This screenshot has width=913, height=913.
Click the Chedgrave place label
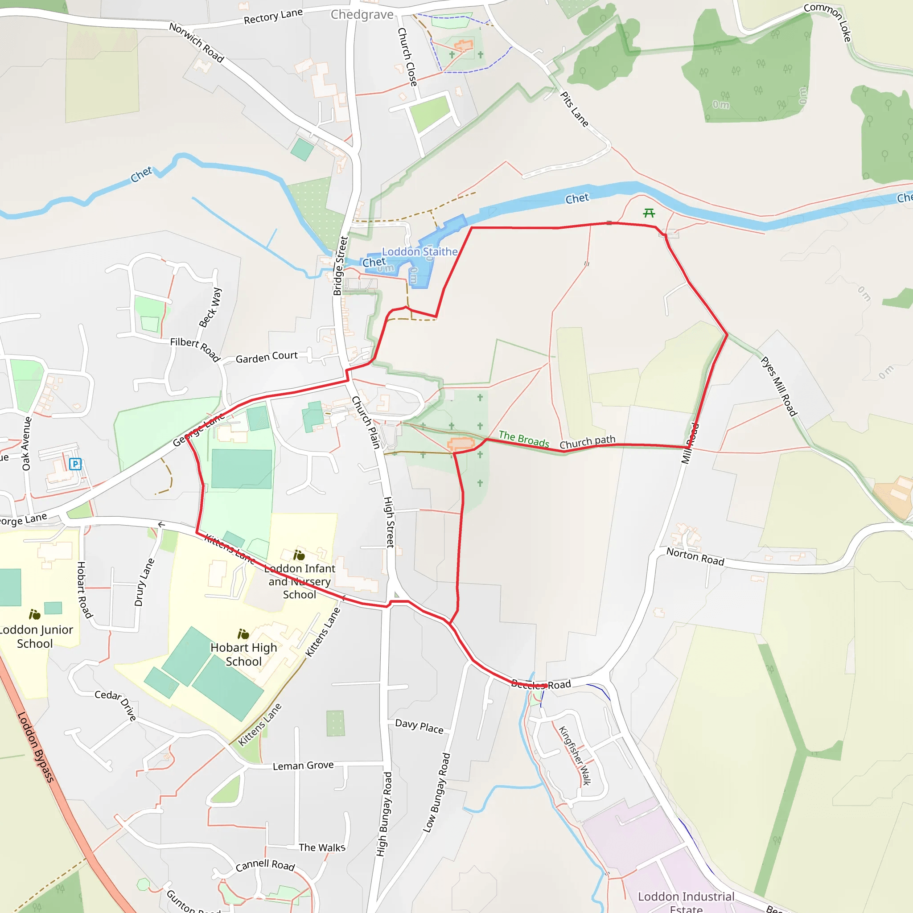(362, 15)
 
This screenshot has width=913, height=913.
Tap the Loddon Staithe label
(419, 251)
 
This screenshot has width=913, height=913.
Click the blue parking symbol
(75, 464)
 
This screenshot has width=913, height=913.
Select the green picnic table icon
(649, 213)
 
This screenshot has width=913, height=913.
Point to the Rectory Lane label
(273, 16)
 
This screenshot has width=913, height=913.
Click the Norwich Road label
(197, 42)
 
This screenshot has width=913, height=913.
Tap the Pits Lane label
(574, 109)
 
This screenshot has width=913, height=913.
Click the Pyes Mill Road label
(779, 386)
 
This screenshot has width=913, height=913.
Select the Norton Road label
(695, 557)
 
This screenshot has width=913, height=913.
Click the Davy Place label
(419, 726)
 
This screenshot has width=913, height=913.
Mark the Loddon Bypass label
(36, 747)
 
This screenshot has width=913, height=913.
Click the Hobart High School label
(243, 654)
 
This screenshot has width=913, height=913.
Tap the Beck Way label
(210, 307)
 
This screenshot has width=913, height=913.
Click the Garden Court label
(267, 357)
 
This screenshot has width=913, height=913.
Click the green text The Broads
(524, 439)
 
